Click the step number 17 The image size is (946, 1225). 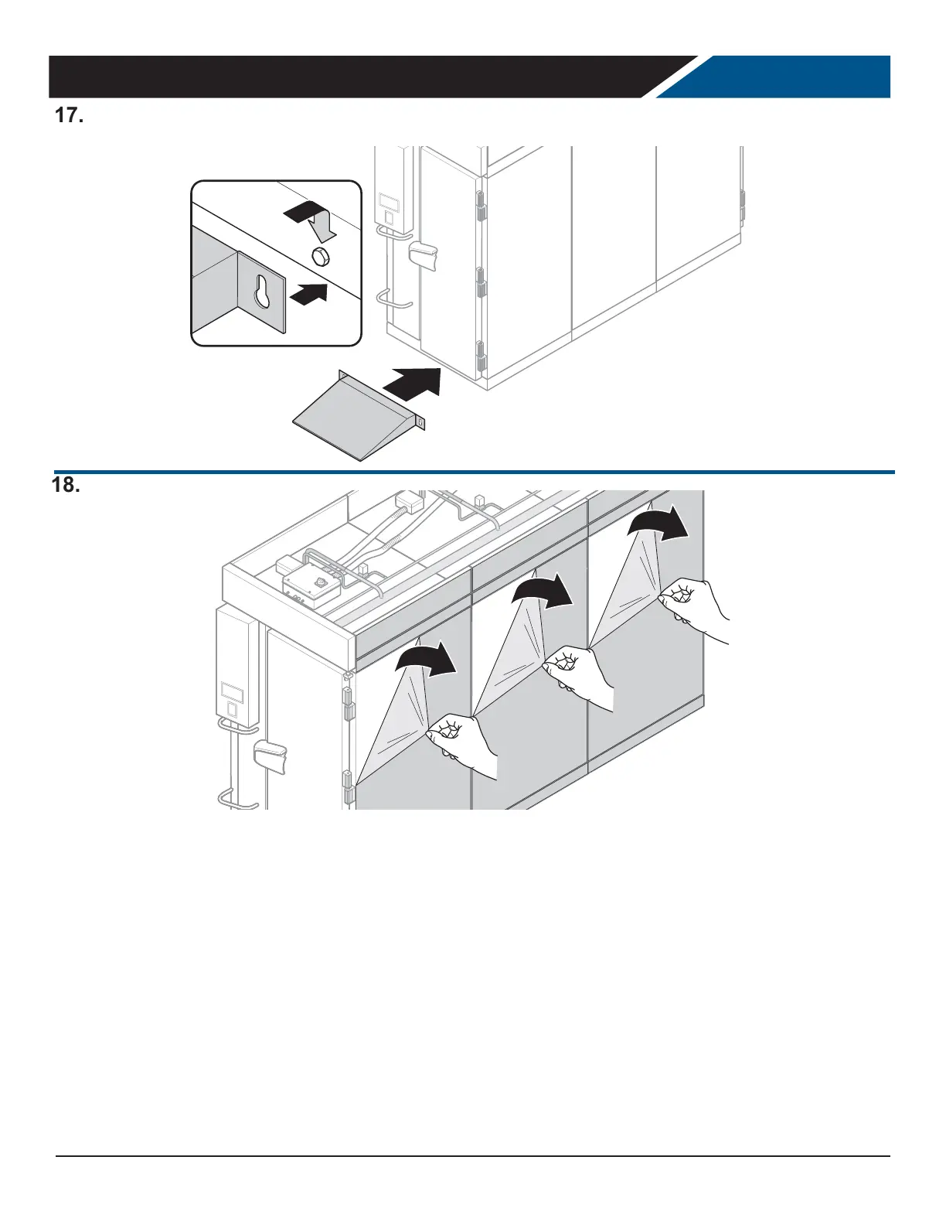click(68, 116)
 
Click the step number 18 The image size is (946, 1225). click(67, 486)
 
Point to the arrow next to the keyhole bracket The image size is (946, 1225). click(308, 294)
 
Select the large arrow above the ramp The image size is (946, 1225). click(413, 381)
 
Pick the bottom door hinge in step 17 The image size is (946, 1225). click(479, 357)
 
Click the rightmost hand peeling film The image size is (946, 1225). click(692, 603)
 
